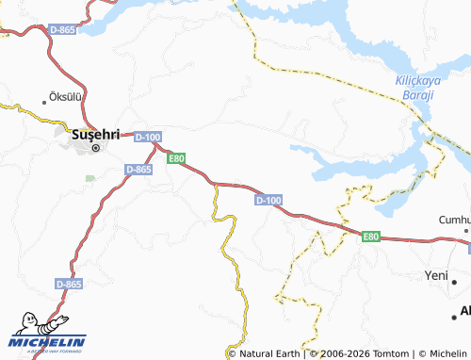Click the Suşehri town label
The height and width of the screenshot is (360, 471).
tap(95, 134)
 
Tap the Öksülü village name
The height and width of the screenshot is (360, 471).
tap(66, 97)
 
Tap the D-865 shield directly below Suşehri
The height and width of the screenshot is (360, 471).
tap(138, 169)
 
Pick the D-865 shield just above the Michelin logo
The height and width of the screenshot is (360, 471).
tap(69, 283)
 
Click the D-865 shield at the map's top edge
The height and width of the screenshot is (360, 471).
tap(62, 29)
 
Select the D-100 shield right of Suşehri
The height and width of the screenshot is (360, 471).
tap(148, 137)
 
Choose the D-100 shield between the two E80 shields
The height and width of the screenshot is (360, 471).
tap(268, 200)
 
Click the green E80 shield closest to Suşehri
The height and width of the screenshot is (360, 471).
tap(176, 158)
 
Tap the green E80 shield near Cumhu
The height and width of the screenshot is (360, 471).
tap(371, 237)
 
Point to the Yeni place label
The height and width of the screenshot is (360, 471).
tap(436, 276)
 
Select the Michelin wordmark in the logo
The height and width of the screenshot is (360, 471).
tap(47, 341)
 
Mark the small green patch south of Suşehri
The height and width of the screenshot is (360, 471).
tap(90, 178)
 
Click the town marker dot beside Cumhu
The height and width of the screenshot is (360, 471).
tap(465, 230)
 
